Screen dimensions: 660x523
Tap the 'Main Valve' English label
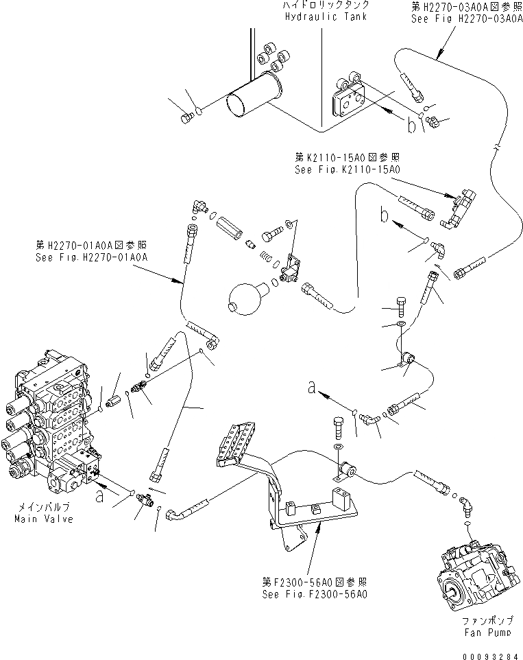click(x=42, y=519)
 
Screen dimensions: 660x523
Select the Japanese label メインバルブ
click(x=42, y=508)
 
